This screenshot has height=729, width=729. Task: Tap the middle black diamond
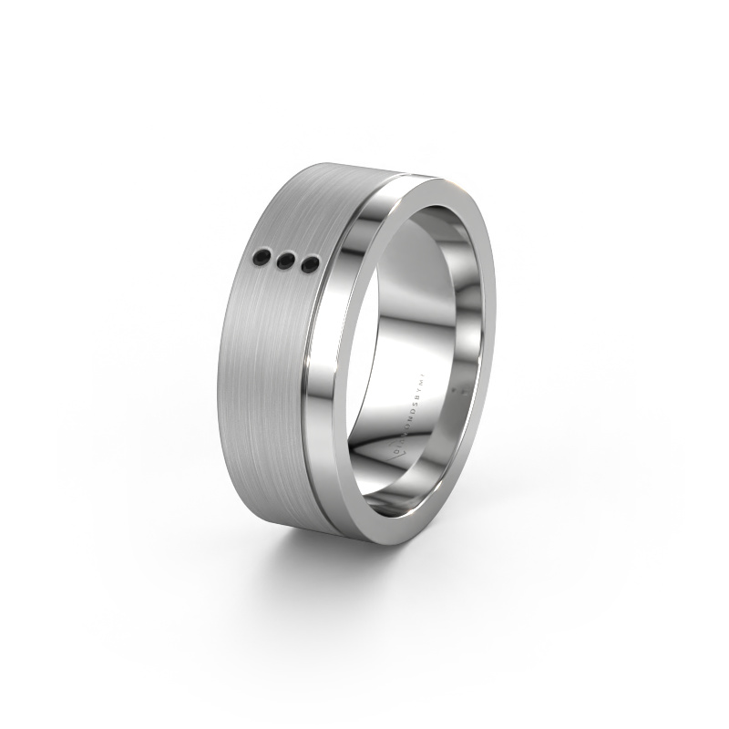pos(285,262)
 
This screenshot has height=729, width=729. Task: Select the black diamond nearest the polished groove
pos(311,265)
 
